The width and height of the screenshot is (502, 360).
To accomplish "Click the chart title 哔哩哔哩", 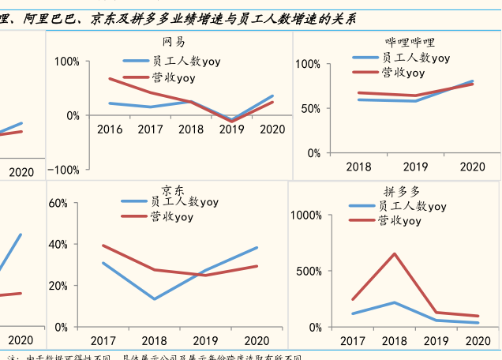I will (x=410, y=42).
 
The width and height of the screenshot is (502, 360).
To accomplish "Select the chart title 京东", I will (x=173, y=189).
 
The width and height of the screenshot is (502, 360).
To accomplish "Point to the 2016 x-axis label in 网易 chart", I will (x=110, y=129).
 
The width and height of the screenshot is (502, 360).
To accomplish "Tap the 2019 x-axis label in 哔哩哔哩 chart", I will (x=415, y=167).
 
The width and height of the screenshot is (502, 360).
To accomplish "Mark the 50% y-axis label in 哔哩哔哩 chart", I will (x=307, y=108).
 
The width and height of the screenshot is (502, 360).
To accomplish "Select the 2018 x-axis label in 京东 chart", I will (x=154, y=341).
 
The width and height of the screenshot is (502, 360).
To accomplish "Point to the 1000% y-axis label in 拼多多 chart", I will (x=306, y=215).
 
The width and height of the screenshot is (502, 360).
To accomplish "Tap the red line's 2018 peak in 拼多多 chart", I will (x=394, y=253).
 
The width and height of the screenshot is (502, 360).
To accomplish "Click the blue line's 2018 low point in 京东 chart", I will (x=154, y=299).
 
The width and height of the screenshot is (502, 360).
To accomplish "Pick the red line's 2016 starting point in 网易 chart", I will (x=109, y=78).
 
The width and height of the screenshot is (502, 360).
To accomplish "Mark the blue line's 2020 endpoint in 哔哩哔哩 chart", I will (x=473, y=81).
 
